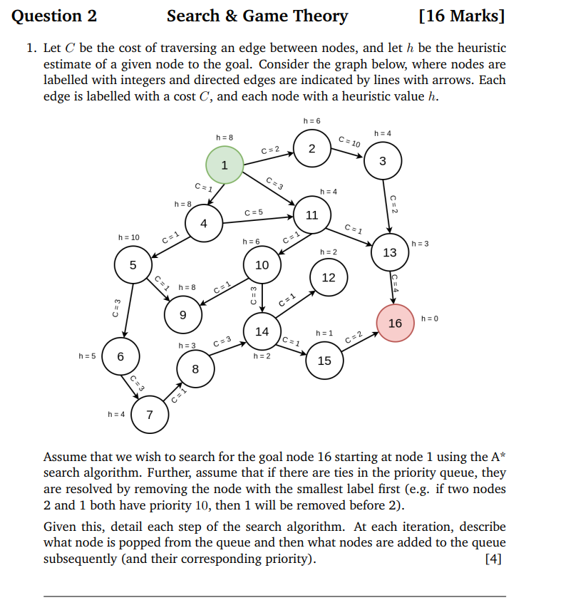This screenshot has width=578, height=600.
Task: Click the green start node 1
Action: (x=225, y=165)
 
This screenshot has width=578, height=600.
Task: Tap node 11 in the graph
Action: (x=311, y=214)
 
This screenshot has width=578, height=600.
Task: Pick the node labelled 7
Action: (x=149, y=415)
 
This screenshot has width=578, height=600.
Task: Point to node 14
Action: (x=262, y=331)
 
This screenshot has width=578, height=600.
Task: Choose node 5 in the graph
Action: (x=133, y=264)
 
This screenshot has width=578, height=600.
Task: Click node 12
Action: (x=329, y=277)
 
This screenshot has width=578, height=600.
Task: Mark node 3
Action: (x=383, y=160)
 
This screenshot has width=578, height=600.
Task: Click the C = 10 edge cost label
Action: (x=349, y=142)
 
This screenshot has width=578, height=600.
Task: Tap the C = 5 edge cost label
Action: (x=254, y=212)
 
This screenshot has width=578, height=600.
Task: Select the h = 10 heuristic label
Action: (x=129, y=237)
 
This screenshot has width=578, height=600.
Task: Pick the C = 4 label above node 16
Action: (x=395, y=284)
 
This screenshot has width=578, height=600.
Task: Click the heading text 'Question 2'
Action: (x=54, y=16)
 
